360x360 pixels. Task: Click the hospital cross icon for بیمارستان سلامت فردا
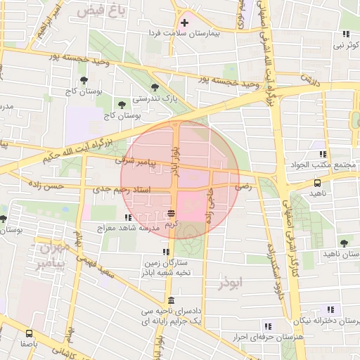click(185, 23)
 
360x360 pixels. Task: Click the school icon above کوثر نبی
click(345, 34)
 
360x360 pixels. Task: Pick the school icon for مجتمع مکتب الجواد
click(323, 153)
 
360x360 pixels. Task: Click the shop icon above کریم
click(172, 213)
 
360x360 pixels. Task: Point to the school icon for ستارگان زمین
click(166, 252)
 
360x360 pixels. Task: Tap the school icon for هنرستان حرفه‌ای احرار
click(267, 326)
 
